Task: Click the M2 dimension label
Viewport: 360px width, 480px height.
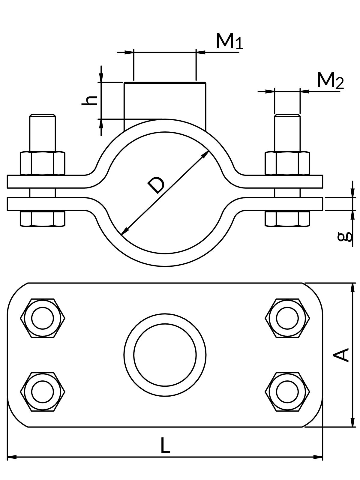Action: tap(330, 80)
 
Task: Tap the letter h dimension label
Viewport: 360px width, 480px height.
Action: tap(90, 100)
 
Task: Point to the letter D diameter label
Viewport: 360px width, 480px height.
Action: tap(156, 185)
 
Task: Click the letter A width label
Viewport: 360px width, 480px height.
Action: tap(342, 355)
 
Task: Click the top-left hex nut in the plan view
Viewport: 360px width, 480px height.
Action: tap(43, 318)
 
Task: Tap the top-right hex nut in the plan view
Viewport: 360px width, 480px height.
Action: tap(287, 318)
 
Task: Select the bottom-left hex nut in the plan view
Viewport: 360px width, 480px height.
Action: tap(43, 391)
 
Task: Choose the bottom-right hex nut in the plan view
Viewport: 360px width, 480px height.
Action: tap(287, 391)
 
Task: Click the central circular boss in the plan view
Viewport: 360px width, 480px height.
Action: tap(165, 355)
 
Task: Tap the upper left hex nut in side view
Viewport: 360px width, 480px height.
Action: tap(42, 163)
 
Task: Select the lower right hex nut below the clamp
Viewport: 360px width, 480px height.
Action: tap(287, 219)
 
